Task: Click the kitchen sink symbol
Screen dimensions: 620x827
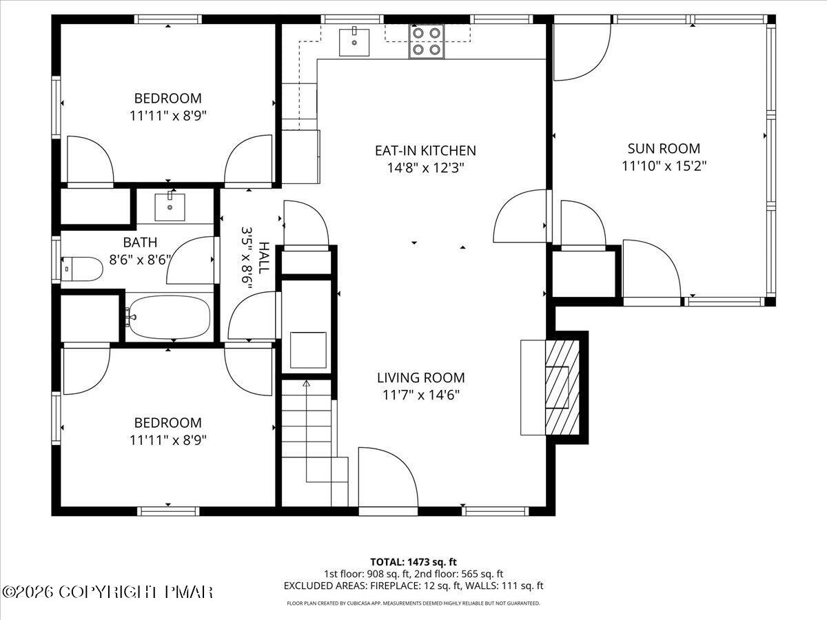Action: pos(354,41)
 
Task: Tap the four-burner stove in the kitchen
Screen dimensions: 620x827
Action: pos(426,41)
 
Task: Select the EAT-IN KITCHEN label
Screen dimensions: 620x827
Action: pos(425,150)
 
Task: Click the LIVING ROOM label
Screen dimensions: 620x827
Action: pos(420,378)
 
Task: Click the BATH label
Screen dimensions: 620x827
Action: pos(140,242)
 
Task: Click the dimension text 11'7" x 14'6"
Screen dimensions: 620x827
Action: pos(420,395)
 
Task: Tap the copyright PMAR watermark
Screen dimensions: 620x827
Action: pos(108,592)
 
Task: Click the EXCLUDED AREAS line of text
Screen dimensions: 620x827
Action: pos(413,586)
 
